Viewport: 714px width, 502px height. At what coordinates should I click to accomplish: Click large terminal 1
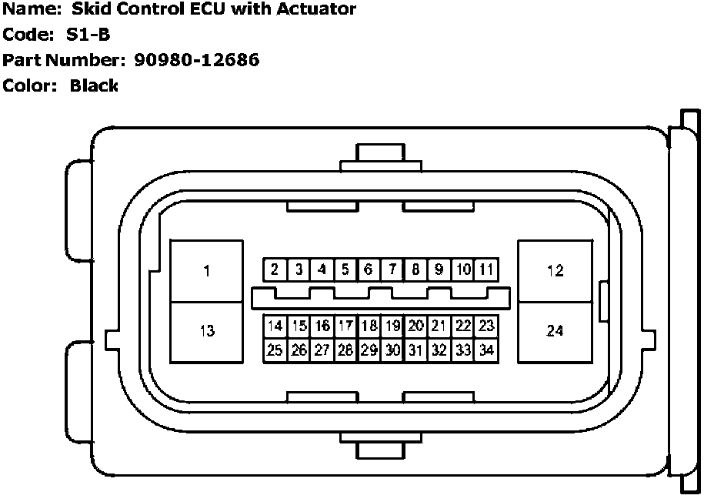click(206, 270)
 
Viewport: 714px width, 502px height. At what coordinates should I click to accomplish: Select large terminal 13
click(206, 331)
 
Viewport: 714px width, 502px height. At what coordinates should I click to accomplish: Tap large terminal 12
click(555, 270)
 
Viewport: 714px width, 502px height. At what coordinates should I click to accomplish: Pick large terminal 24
click(555, 331)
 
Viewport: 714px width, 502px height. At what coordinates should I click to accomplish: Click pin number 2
click(275, 269)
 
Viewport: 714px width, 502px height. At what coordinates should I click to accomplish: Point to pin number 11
click(485, 269)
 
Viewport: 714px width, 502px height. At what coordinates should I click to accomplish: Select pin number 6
click(369, 269)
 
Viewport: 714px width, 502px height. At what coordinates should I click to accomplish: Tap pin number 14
click(275, 326)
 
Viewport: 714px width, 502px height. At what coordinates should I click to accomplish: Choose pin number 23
click(485, 326)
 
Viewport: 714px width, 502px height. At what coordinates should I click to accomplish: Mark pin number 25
click(275, 350)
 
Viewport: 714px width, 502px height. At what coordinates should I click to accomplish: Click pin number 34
click(485, 350)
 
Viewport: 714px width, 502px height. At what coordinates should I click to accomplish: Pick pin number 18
click(369, 326)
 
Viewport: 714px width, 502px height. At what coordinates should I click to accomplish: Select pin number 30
click(392, 350)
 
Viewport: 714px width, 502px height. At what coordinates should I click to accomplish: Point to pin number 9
click(439, 269)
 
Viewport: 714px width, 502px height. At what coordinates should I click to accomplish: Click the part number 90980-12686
click(195, 59)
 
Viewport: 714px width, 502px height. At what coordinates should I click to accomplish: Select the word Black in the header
click(94, 85)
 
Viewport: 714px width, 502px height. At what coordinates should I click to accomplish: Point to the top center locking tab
click(381, 157)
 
